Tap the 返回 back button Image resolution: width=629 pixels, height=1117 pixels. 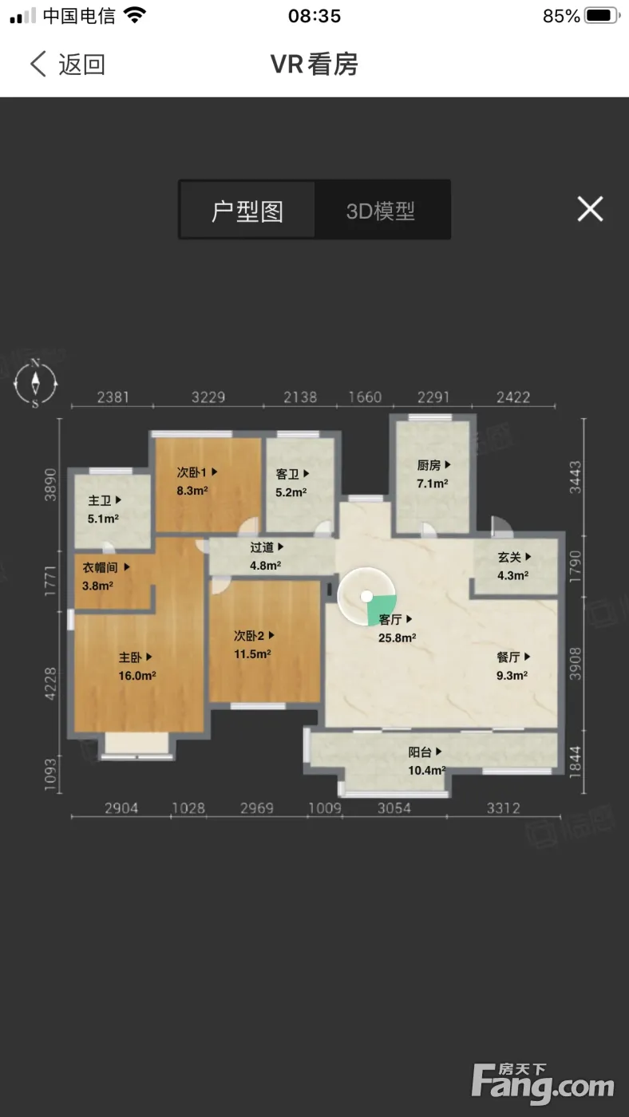pos(67,65)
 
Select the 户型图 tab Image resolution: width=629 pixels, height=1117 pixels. pos(247,211)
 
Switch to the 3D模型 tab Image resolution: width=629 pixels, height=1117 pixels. pos(381,211)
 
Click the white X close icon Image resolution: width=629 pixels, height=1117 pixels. pos(590,208)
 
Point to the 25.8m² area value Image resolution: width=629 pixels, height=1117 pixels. pos(397,637)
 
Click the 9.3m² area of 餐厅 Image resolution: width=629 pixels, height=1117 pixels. pos(512,675)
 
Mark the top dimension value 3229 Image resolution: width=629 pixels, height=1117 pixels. pos(208,397)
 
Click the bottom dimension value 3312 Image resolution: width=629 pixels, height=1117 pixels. pos(504,807)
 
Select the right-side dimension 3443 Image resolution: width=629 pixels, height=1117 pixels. pos(576,477)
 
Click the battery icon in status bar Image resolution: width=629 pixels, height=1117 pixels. pos(602,15)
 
